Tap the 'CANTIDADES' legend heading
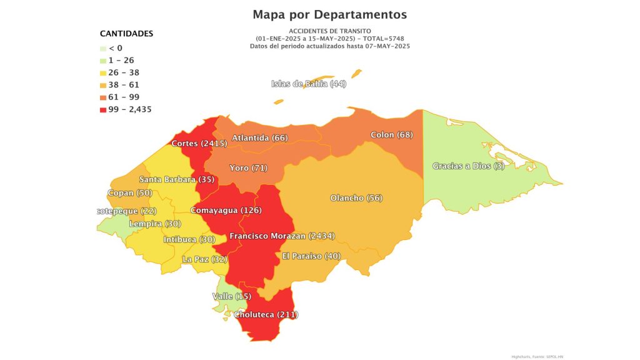coord(126,34)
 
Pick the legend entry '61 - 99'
coord(124,97)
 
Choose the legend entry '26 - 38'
coord(124,72)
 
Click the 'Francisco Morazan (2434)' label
coord(282,236)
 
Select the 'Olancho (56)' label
coord(356,198)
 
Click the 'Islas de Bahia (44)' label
coord(309,84)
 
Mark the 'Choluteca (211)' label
coord(266,314)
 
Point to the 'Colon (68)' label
coord(391,135)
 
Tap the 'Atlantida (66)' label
coord(259,137)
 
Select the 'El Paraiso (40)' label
coord(311,256)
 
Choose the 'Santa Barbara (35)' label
coord(168,179)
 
